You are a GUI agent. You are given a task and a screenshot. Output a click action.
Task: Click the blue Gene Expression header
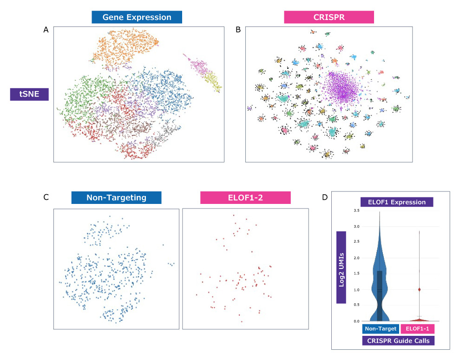click(x=136, y=18)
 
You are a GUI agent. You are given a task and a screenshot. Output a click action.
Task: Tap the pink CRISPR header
click(x=329, y=18)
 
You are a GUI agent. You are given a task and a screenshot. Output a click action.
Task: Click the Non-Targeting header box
click(x=116, y=198)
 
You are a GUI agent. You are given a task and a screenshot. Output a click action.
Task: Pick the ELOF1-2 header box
click(x=245, y=198)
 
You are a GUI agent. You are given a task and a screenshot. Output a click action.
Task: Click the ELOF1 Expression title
click(x=397, y=202)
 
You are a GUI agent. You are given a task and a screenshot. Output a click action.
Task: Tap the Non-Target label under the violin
click(x=380, y=329)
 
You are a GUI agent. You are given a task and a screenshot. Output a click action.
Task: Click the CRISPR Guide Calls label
click(x=397, y=340)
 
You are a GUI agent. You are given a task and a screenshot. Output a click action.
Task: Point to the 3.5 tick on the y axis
click(x=356, y=210)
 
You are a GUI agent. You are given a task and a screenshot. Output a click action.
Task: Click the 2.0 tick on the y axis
click(x=356, y=258)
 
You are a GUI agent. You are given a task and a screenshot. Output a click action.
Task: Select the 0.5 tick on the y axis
click(x=356, y=305)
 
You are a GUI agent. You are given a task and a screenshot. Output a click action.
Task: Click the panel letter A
click(x=46, y=30)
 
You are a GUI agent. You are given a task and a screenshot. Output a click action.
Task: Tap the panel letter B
click(x=238, y=30)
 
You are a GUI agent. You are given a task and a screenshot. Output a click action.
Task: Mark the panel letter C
click(x=46, y=197)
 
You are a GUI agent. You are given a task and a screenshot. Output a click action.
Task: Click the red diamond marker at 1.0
click(x=419, y=289)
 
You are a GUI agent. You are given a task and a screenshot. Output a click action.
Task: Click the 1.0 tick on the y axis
click(x=356, y=289)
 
